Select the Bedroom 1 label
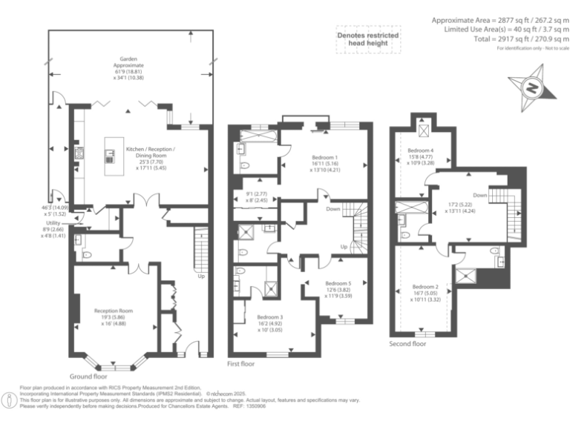[x=325, y=157]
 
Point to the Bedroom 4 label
[x=420, y=150]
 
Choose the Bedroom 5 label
[x=338, y=283]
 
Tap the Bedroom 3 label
[x=271, y=317]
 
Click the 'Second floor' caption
[x=407, y=344]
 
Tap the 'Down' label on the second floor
[x=479, y=196]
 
